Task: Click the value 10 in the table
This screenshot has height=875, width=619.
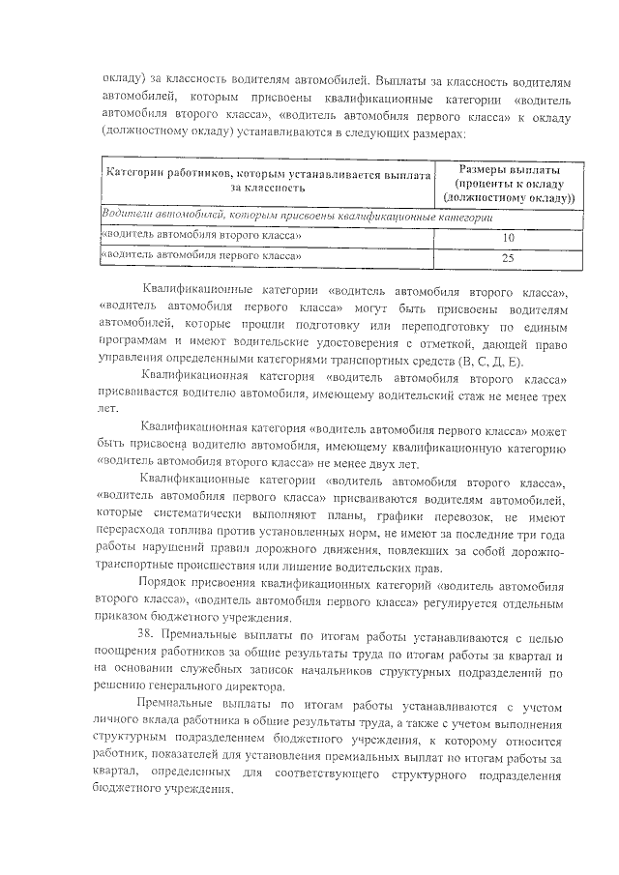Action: pyautogui.click(x=508, y=238)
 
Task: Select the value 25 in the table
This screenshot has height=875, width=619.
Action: pyautogui.click(x=508, y=257)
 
